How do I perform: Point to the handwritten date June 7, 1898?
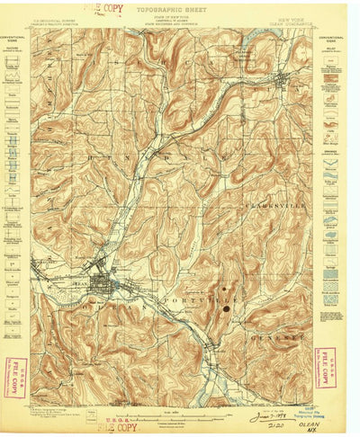click(x=267, y=416)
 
